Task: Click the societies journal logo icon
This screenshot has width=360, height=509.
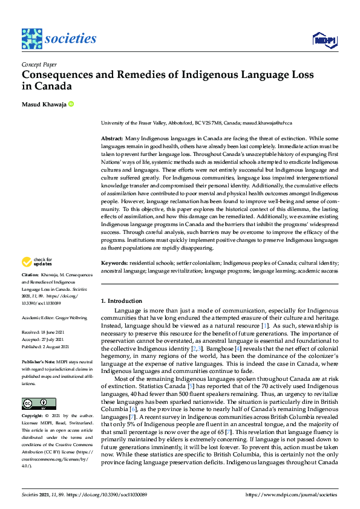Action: (x=31, y=39)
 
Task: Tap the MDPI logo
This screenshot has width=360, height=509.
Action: (x=324, y=40)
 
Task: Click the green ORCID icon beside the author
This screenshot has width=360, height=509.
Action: (x=71, y=105)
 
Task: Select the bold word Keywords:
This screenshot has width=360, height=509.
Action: (x=114, y=264)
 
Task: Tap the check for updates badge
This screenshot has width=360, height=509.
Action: (x=38, y=262)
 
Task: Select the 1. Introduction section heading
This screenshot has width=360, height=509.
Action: (x=122, y=300)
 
